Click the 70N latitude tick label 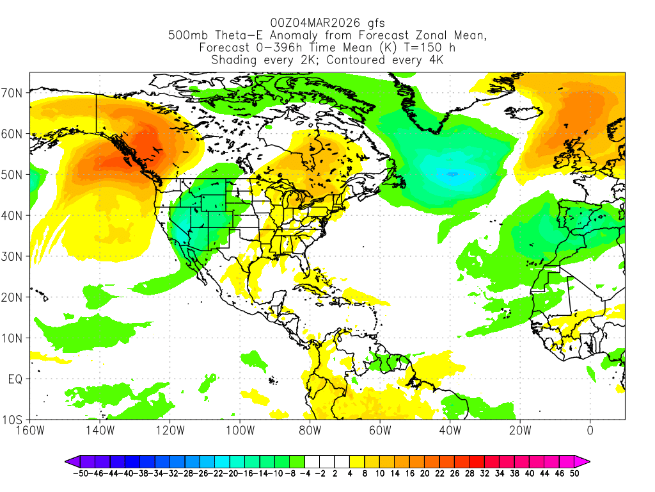(13, 93)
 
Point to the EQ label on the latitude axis (16, 379)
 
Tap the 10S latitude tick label (13, 420)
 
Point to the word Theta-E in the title (232, 36)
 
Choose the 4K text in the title (434, 60)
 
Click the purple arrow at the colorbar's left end (69, 461)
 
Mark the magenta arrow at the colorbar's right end (585, 461)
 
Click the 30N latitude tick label (13, 256)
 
